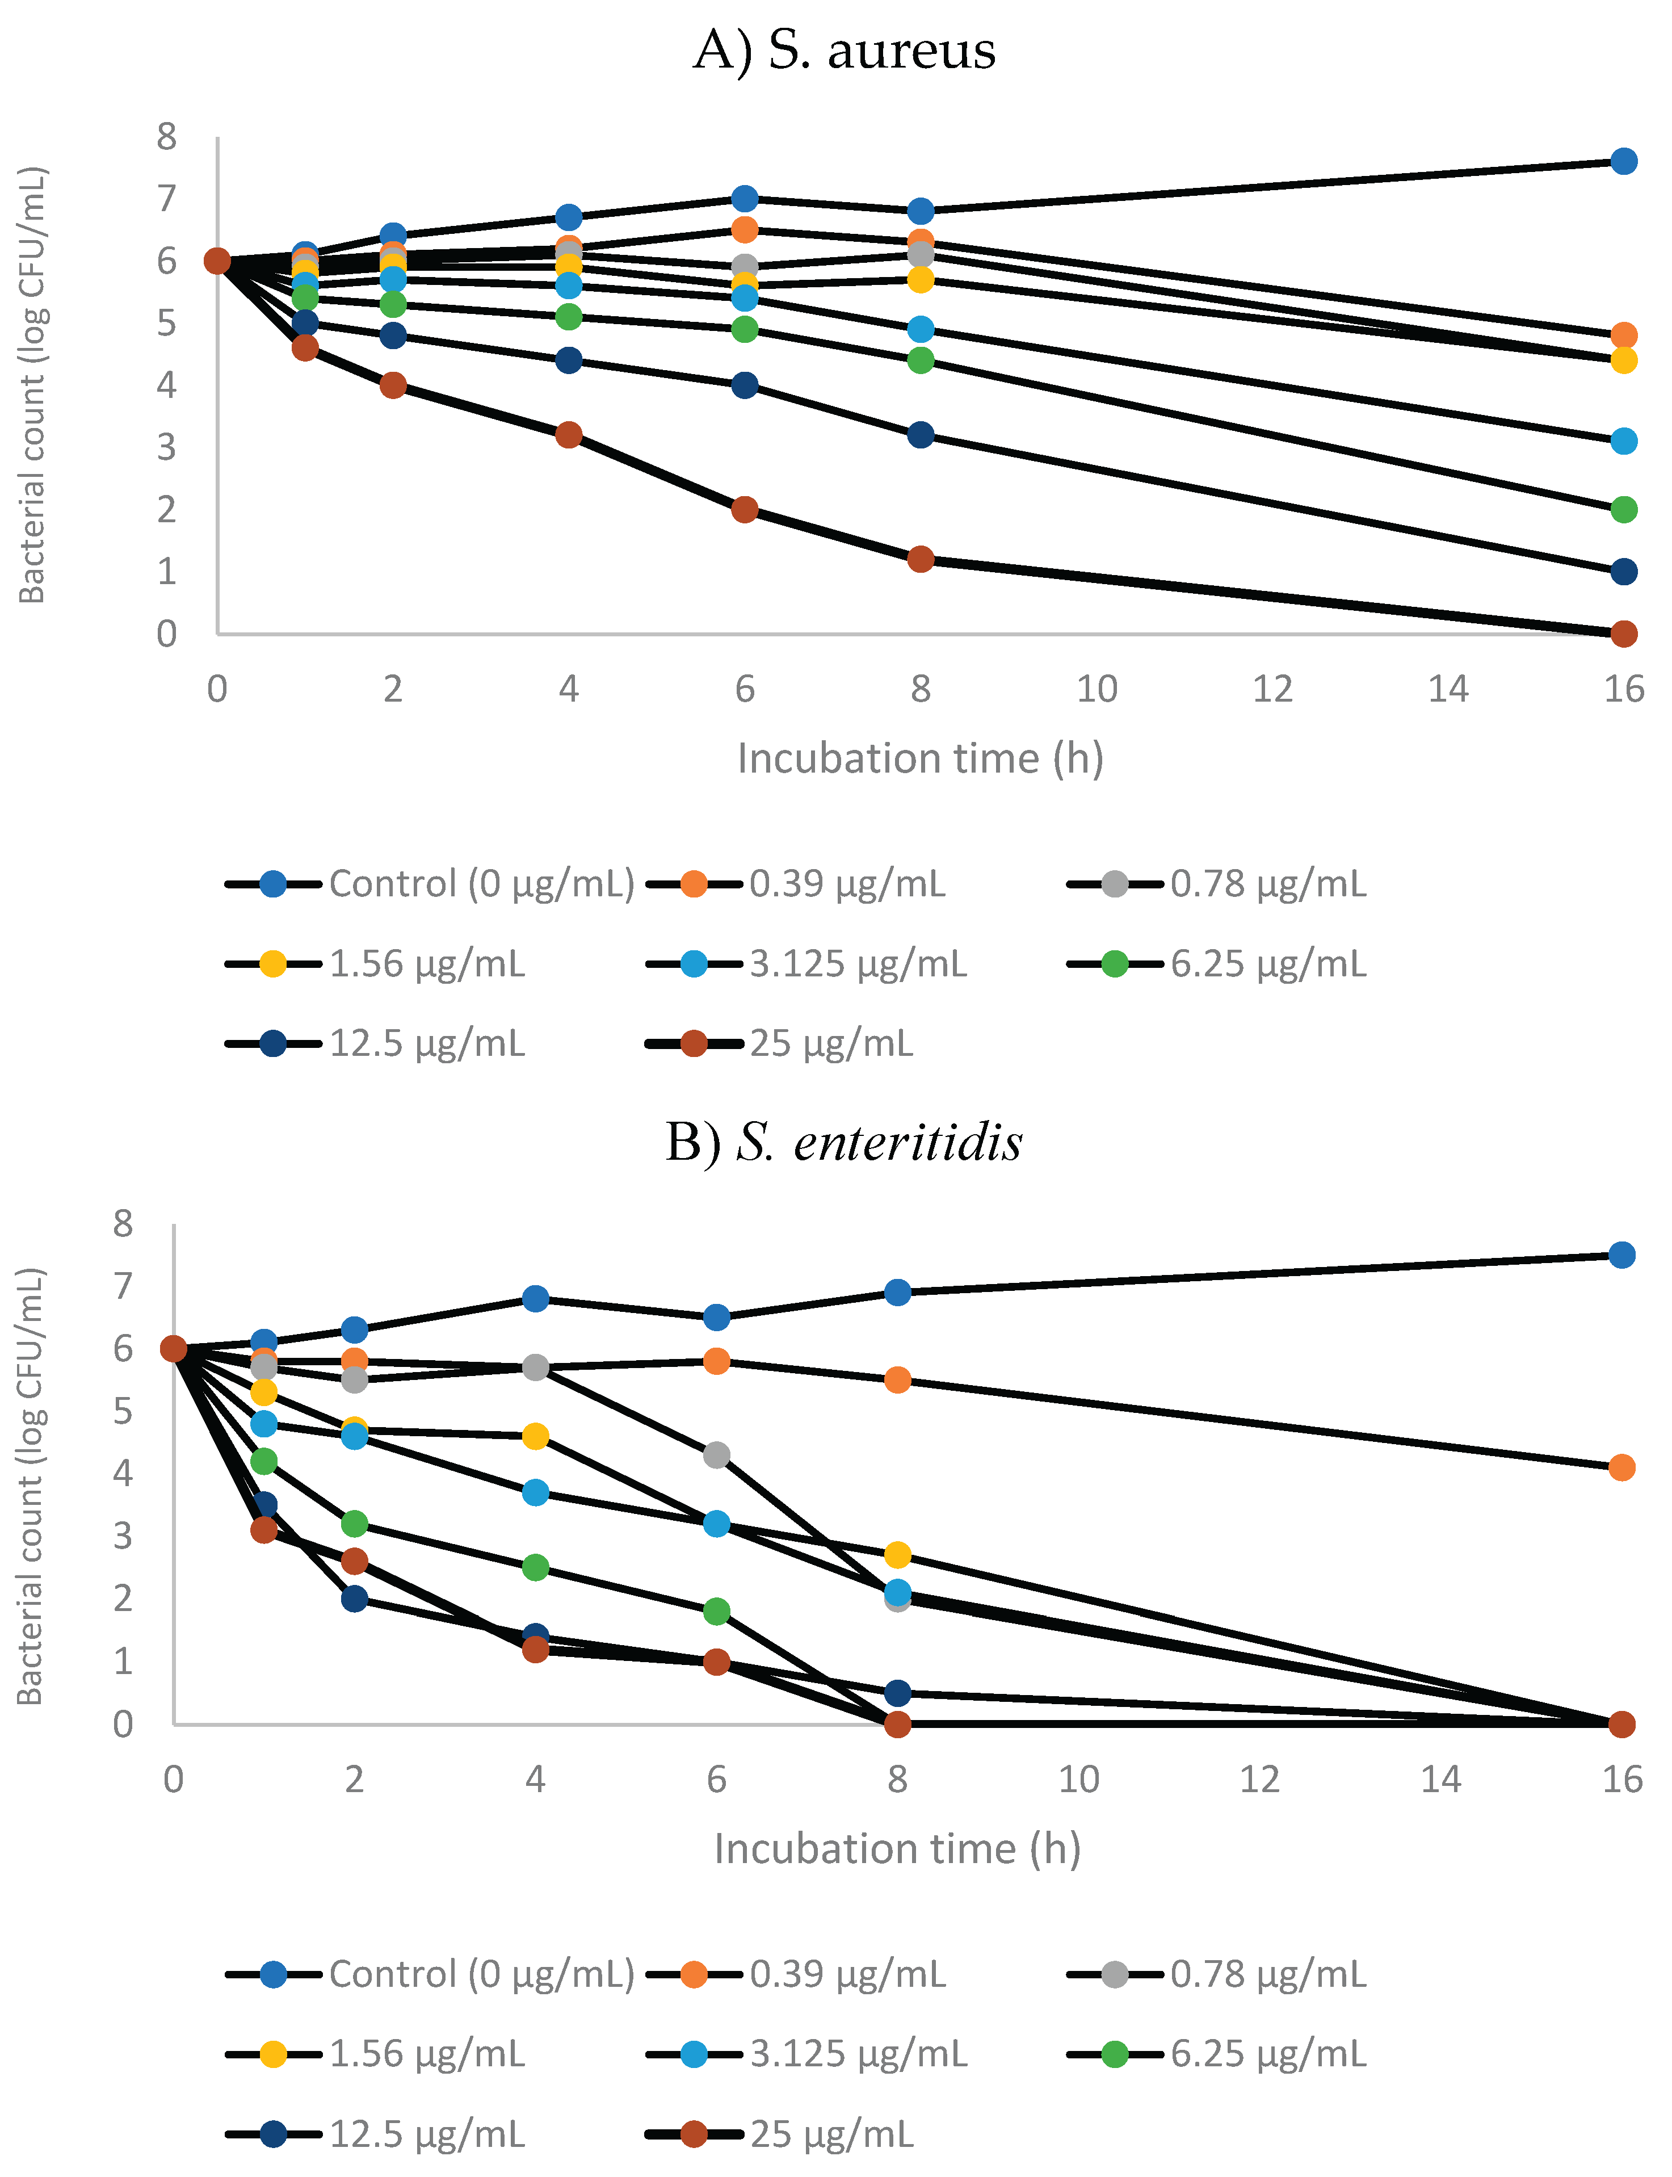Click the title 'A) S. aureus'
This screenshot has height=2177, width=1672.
(x=844, y=50)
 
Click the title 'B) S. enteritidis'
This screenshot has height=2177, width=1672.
(x=844, y=1142)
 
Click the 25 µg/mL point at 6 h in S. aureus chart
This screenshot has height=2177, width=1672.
(x=745, y=510)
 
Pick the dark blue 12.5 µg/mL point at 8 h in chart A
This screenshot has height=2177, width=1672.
(x=921, y=435)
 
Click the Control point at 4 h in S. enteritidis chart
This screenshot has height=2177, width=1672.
(x=535, y=1299)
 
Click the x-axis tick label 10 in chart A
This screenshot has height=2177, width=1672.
(x=1097, y=689)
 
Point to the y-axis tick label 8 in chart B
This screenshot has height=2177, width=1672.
(x=123, y=1223)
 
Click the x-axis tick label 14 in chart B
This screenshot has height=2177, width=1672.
(x=1440, y=1780)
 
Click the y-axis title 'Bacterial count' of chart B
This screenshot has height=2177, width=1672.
(x=31, y=1486)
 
